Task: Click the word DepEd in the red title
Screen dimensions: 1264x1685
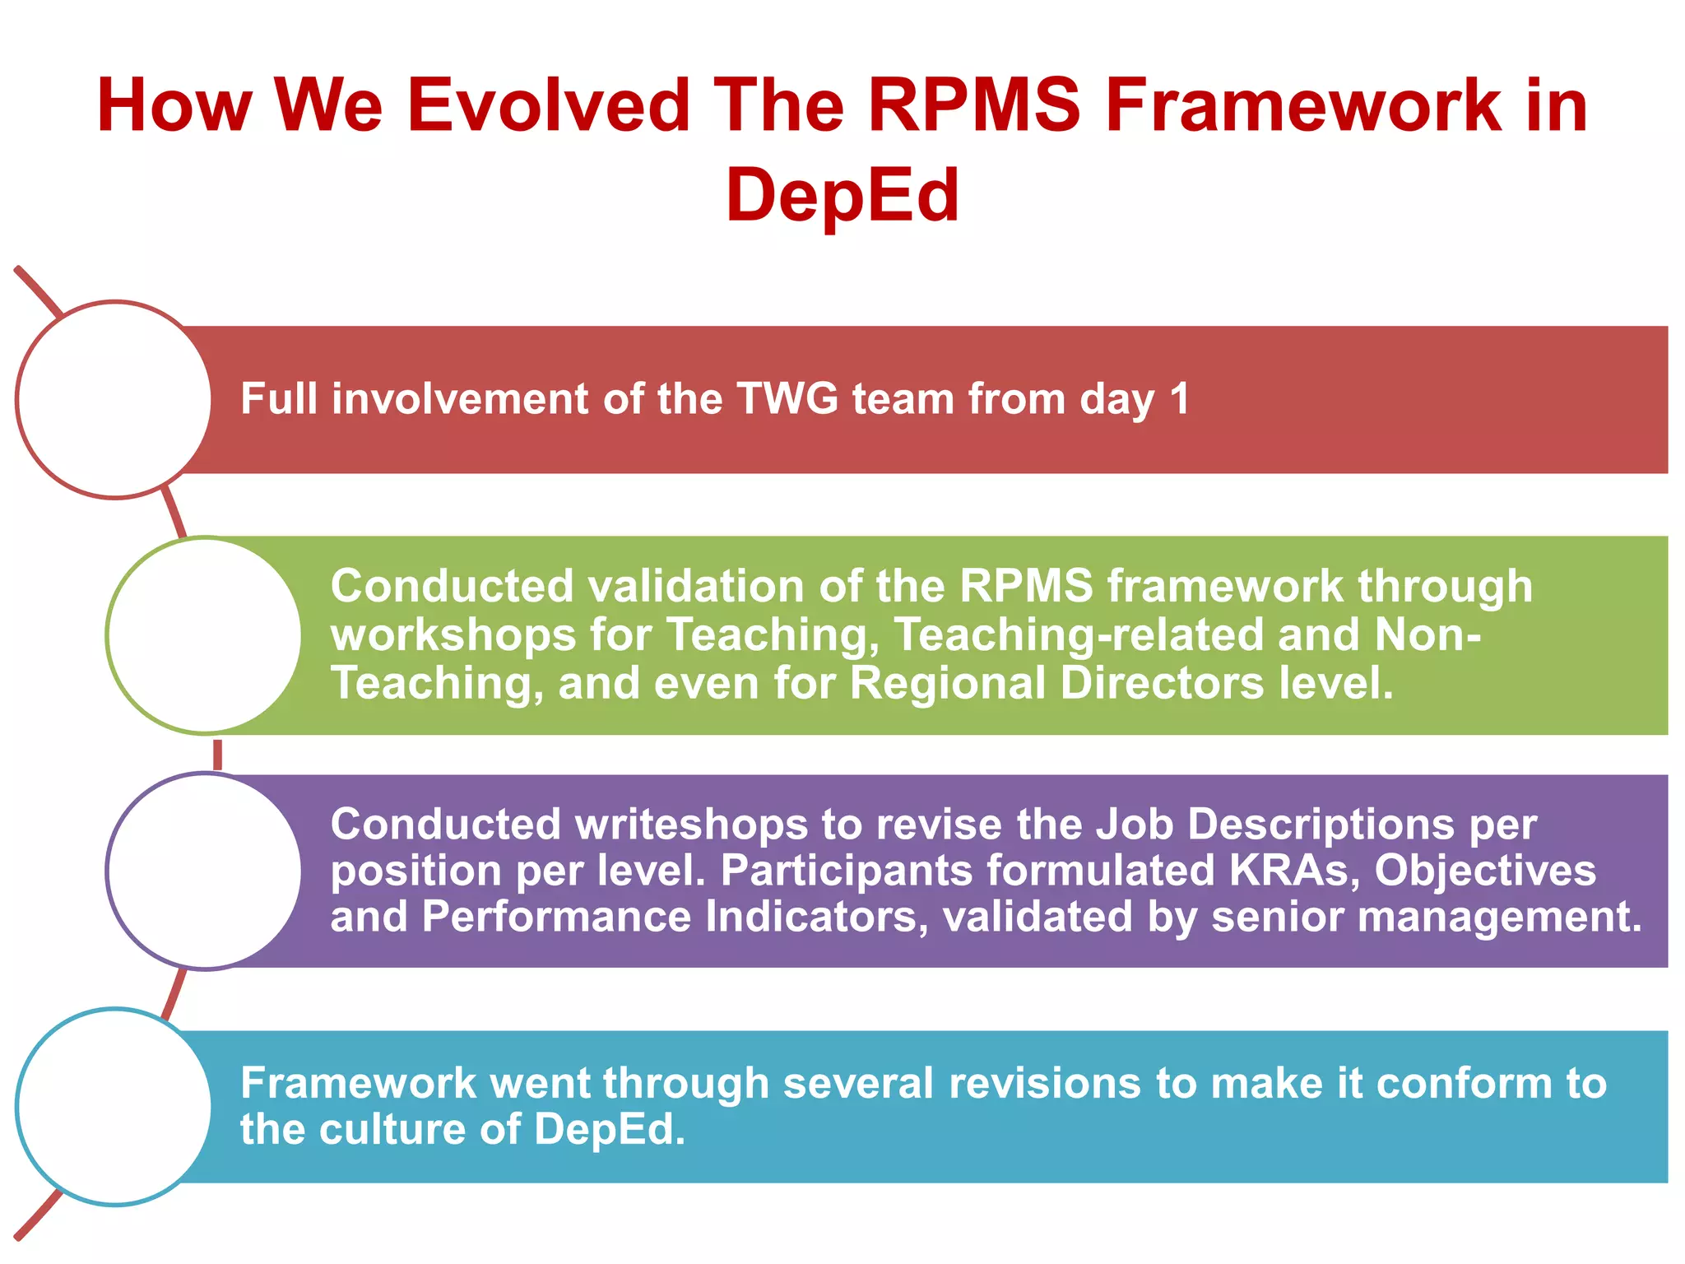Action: [x=842, y=196]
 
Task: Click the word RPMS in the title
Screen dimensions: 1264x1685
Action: [x=974, y=105]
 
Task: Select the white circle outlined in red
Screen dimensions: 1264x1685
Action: [x=114, y=400]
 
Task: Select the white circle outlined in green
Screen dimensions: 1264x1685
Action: [x=205, y=635]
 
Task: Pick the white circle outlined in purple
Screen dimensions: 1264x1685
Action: [x=205, y=871]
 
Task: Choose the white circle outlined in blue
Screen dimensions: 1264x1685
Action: [x=114, y=1107]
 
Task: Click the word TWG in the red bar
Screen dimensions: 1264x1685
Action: [x=787, y=399]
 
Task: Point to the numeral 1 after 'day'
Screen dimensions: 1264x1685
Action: [x=1180, y=399]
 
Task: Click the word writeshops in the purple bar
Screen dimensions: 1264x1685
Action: [x=691, y=824]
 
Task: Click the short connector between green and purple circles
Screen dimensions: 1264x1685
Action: [x=217, y=755]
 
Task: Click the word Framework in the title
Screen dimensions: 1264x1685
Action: [x=1303, y=105]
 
